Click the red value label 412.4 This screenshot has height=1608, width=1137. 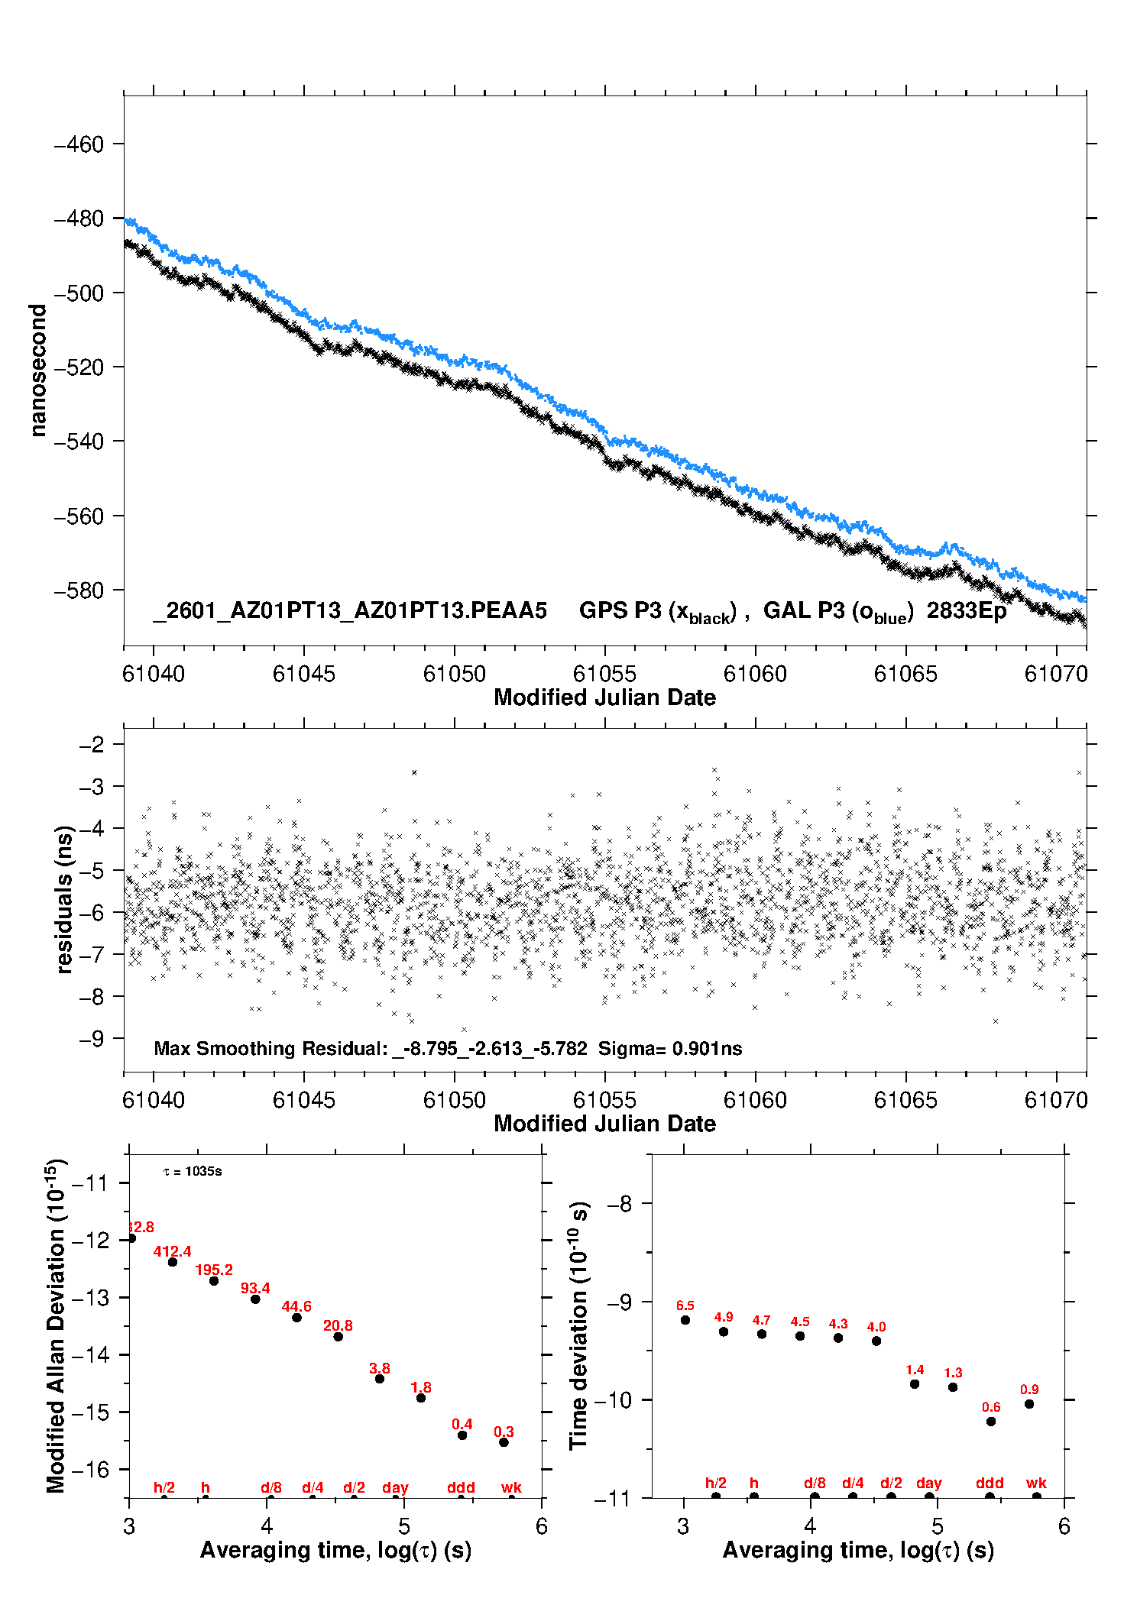click(172, 1251)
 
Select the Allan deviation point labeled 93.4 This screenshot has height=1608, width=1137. click(255, 1299)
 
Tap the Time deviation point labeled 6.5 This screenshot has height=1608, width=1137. click(685, 1319)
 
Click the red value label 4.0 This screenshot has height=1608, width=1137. click(876, 1327)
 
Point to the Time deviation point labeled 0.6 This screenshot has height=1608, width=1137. click(991, 1421)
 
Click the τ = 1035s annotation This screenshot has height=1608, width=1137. click(193, 1171)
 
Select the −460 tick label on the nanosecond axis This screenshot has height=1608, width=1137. click(79, 144)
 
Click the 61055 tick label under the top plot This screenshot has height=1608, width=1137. click(604, 674)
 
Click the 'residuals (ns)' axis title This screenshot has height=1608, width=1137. click(65, 899)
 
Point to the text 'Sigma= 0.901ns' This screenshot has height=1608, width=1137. click(670, 1048)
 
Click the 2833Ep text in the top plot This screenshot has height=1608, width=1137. click(967, 611)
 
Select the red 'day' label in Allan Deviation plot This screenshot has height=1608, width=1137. click(395, 1487)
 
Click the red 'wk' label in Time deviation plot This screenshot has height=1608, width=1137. click(1036, 1483)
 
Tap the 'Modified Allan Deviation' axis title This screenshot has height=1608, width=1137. click(56, 1325)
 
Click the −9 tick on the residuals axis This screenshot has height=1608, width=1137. click(92, 1038)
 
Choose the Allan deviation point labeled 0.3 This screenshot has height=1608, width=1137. click(504, 1442)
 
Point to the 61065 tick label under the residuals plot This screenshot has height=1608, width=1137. click(905, 1100)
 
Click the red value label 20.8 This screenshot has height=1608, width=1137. click(338, 1325)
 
